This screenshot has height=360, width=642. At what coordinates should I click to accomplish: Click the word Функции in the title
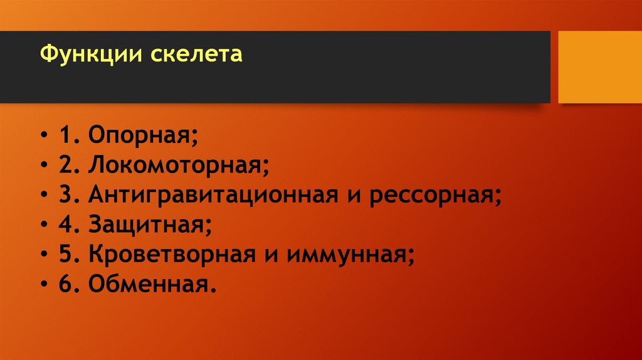click(x=92, y=55)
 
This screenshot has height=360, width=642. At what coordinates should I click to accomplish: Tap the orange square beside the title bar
click(x=600, y=67)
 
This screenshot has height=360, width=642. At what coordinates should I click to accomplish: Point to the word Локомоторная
click(x=178, y=165)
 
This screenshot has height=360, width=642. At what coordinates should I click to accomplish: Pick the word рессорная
click(x=435, y=195)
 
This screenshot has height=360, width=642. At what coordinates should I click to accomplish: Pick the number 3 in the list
click(x=66, y=194)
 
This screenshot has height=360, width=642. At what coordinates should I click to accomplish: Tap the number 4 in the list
click(x=66, y=223)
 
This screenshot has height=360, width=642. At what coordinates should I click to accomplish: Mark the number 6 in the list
click(x=66, y=283)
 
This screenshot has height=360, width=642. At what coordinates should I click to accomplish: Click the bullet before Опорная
click(x=48, y=135)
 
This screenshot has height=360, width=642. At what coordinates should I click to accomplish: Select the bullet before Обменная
click(x=48, y=285)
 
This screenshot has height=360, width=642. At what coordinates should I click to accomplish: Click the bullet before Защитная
click(x=48, y=225)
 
